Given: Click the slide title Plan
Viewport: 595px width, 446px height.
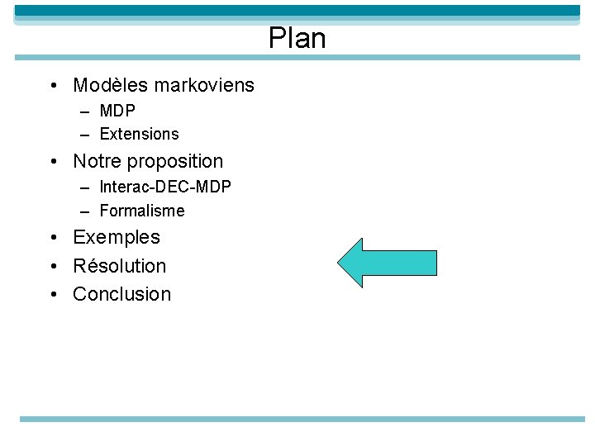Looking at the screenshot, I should (x=297, y=39).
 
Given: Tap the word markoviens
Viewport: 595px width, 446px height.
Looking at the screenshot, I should (x=203, y=85).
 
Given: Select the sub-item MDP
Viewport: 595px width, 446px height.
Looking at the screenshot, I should (x=117, y=111).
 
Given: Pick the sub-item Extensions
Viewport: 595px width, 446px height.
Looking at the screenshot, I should (x=139, y=134).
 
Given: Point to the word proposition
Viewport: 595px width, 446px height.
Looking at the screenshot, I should (x=175, y=162).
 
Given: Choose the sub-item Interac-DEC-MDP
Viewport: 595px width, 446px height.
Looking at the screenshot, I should (x=165, y=187).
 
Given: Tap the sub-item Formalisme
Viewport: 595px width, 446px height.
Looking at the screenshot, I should (x=142, y=211).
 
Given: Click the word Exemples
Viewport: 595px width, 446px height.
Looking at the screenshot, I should (x=117, y=238).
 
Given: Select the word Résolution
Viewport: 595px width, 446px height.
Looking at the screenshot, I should (x=120, y=266).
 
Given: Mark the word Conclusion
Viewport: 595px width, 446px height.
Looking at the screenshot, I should (x=122, y=294).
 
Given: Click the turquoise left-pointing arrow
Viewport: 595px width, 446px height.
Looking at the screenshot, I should (x=386, y=263).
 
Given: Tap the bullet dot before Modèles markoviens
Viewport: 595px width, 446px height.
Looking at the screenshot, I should (x=52, y=86).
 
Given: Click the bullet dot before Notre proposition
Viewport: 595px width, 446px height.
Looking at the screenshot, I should (x=52, y=162).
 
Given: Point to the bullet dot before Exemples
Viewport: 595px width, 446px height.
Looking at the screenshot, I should (x=52, y=238).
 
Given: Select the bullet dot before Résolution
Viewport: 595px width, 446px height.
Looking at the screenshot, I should (x=52, y=266).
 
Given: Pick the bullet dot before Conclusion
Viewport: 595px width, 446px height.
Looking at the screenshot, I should (x=52, y=294).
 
